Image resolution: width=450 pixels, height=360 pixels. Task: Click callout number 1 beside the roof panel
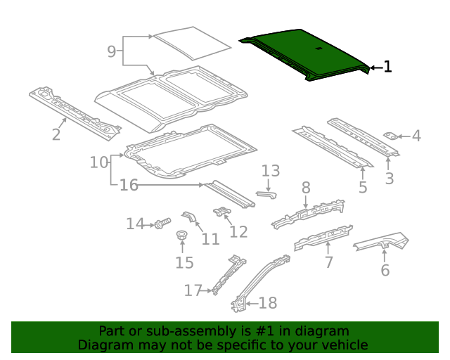click(387, 67)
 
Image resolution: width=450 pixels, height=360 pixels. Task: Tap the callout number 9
click(112, 51)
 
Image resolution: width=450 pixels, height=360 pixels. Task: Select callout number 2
click(56, 134)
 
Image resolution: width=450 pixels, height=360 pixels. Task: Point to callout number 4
click(416, 136)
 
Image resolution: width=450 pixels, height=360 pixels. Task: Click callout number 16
click(129, 186)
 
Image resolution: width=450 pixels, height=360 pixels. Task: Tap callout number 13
click(271, 171)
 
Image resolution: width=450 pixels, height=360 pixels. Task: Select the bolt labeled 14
click(162, 223)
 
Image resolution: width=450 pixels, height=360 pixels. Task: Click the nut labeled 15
click(181, 236)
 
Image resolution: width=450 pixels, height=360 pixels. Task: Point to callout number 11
click(210, 239)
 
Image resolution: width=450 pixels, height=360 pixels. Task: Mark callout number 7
click(328, 262)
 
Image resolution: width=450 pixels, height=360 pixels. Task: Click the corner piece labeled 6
click(383, 243)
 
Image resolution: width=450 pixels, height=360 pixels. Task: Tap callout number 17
click(193, 290)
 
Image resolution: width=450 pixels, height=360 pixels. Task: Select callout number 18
click(268, 303)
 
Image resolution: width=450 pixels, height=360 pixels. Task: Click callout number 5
click(363, 187)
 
